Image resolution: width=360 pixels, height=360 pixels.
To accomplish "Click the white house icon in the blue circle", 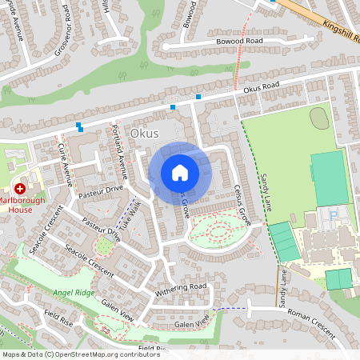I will pos(180,173).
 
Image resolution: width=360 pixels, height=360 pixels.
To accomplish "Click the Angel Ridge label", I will pos(71,293).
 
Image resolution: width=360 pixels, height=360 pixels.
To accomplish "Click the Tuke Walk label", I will pos(129,214).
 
